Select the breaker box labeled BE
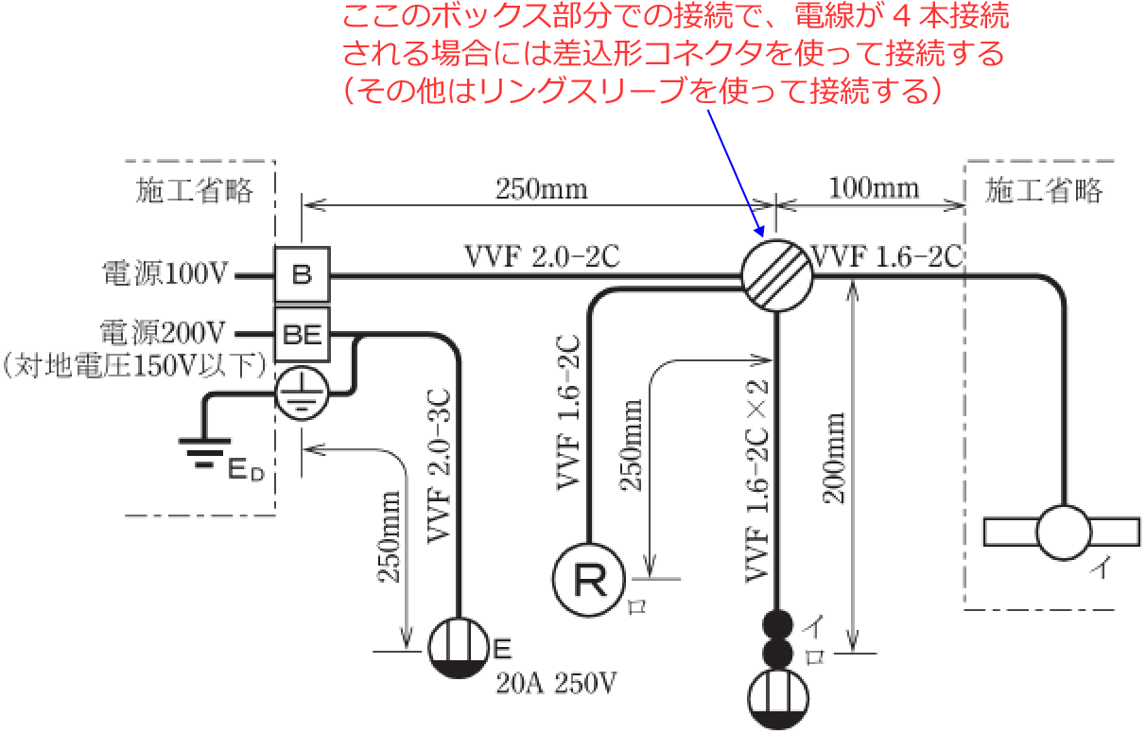point(302,333)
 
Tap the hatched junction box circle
point(776,275)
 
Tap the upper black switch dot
point(777,624)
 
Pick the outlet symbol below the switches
point(777,700)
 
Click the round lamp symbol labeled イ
point(1065,533)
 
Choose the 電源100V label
point(165,276)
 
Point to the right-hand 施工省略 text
point(1044,192)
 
